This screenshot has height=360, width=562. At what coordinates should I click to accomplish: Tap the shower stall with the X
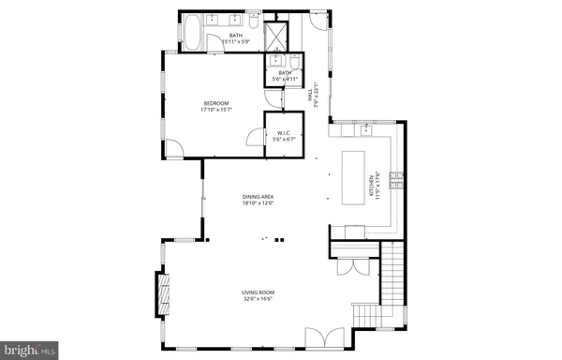pyautogui.click(x=276, y=34)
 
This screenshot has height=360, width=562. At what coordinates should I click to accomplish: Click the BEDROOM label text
pyautogui.click(x=216, y=106)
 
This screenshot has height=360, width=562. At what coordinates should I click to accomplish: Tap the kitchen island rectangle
pyautogui.click(x=355, y=175)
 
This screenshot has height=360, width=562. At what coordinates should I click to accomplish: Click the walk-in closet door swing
pyautogui.click(x=255, y=141)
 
